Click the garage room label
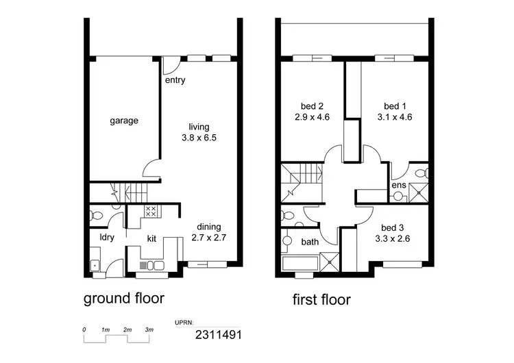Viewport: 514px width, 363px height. [124, 121]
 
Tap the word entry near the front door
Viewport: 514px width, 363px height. [175, 80]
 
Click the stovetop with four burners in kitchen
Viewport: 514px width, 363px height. [151, 212]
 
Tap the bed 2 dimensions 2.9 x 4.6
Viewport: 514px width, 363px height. [311, 116]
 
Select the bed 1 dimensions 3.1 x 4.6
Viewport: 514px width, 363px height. [394, 116]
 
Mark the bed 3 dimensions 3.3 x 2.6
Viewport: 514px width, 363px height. [393, 239]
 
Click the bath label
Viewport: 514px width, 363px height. [310, 242]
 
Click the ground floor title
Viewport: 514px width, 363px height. [123, 299]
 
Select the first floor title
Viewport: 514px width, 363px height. [321, 299]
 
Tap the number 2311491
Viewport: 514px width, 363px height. [218, 335]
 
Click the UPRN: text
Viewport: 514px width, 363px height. [185, 321]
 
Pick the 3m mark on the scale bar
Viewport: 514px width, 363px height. [149, 330]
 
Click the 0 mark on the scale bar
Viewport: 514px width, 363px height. [84, 330]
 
